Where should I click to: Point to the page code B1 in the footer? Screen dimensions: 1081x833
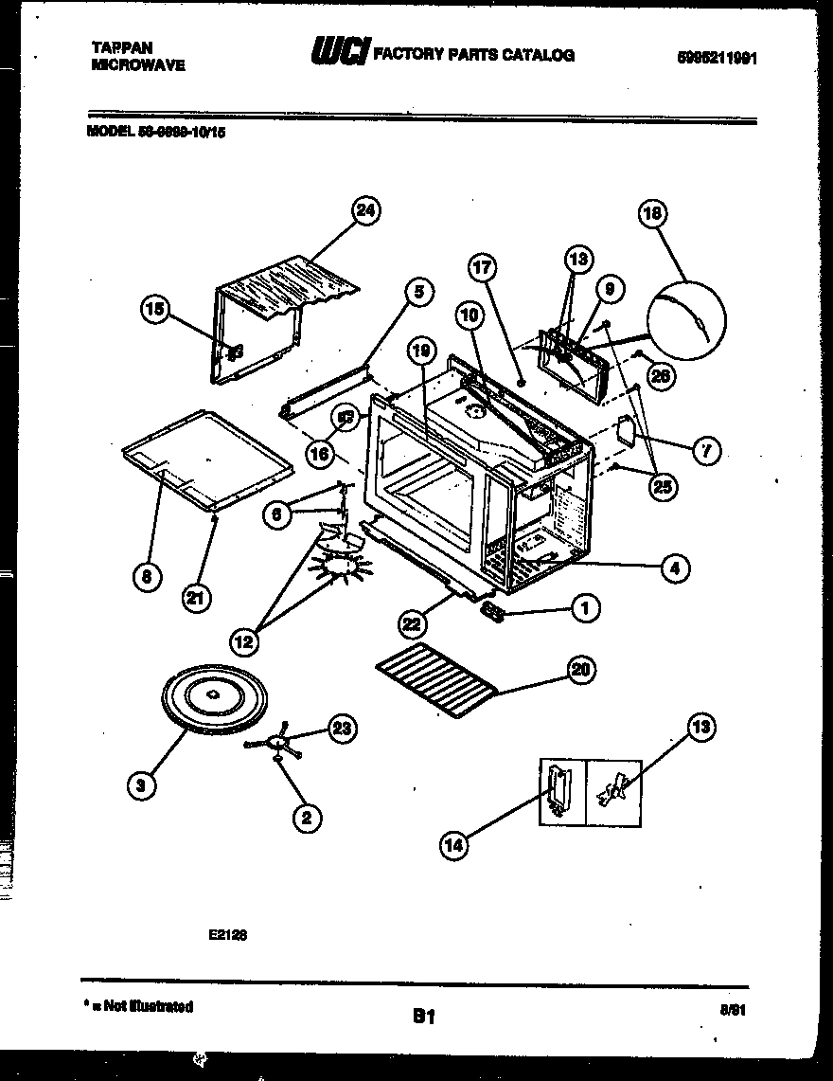click(x=423, y=1017)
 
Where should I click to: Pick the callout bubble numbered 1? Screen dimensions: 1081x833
click(x=585, y=607)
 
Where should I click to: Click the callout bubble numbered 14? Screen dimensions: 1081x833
click(x=454, y=845)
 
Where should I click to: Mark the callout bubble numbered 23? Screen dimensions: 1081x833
click(x=343, y=728)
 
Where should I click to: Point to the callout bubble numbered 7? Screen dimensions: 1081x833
click(x=706, y=451)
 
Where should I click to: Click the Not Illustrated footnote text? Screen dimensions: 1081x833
click(x=143, y=1006)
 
